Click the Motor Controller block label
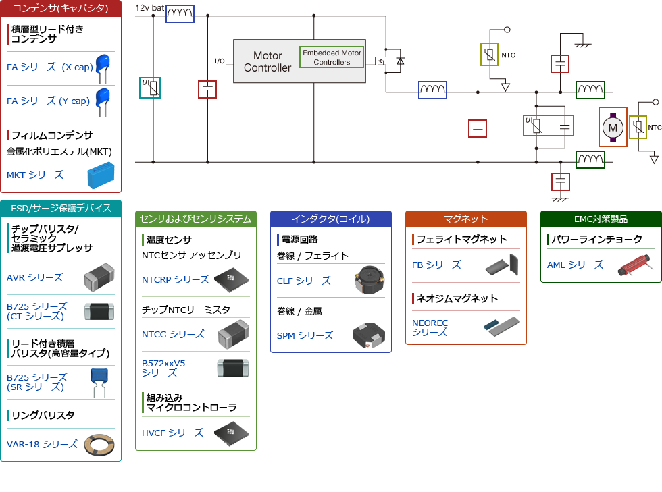pyautogui.click(x=268, y=61)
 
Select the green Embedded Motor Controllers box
pyautogui.click(x=332, y=57)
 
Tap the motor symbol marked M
pyautogui.click(x=613, y=127)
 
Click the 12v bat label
pyautogui.click(x=150, y=7)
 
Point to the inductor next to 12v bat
pyautogui.click(x=180, y=13)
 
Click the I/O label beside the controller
pyautogui.click(x=220, y=61)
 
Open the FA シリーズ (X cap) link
pyautogui.click(x=50, y=67)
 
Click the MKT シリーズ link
pyautogui.click(x=35, y=175)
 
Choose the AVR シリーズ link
pyautogui.click(x=34, y=277)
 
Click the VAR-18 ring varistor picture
pyautogui.click(x=99, y=444)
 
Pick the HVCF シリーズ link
pyautogui.click(x=172, y=433)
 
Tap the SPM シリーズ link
pyautogui.click(x=305, y=335)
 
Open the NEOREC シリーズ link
pyautogui.click(x=430, y=327)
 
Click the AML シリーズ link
pyautogui.click(x=575, y=265)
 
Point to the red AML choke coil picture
pyautogui.click(x=635, y=265)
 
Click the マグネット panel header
pyautogui.click(x=465, y=219)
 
